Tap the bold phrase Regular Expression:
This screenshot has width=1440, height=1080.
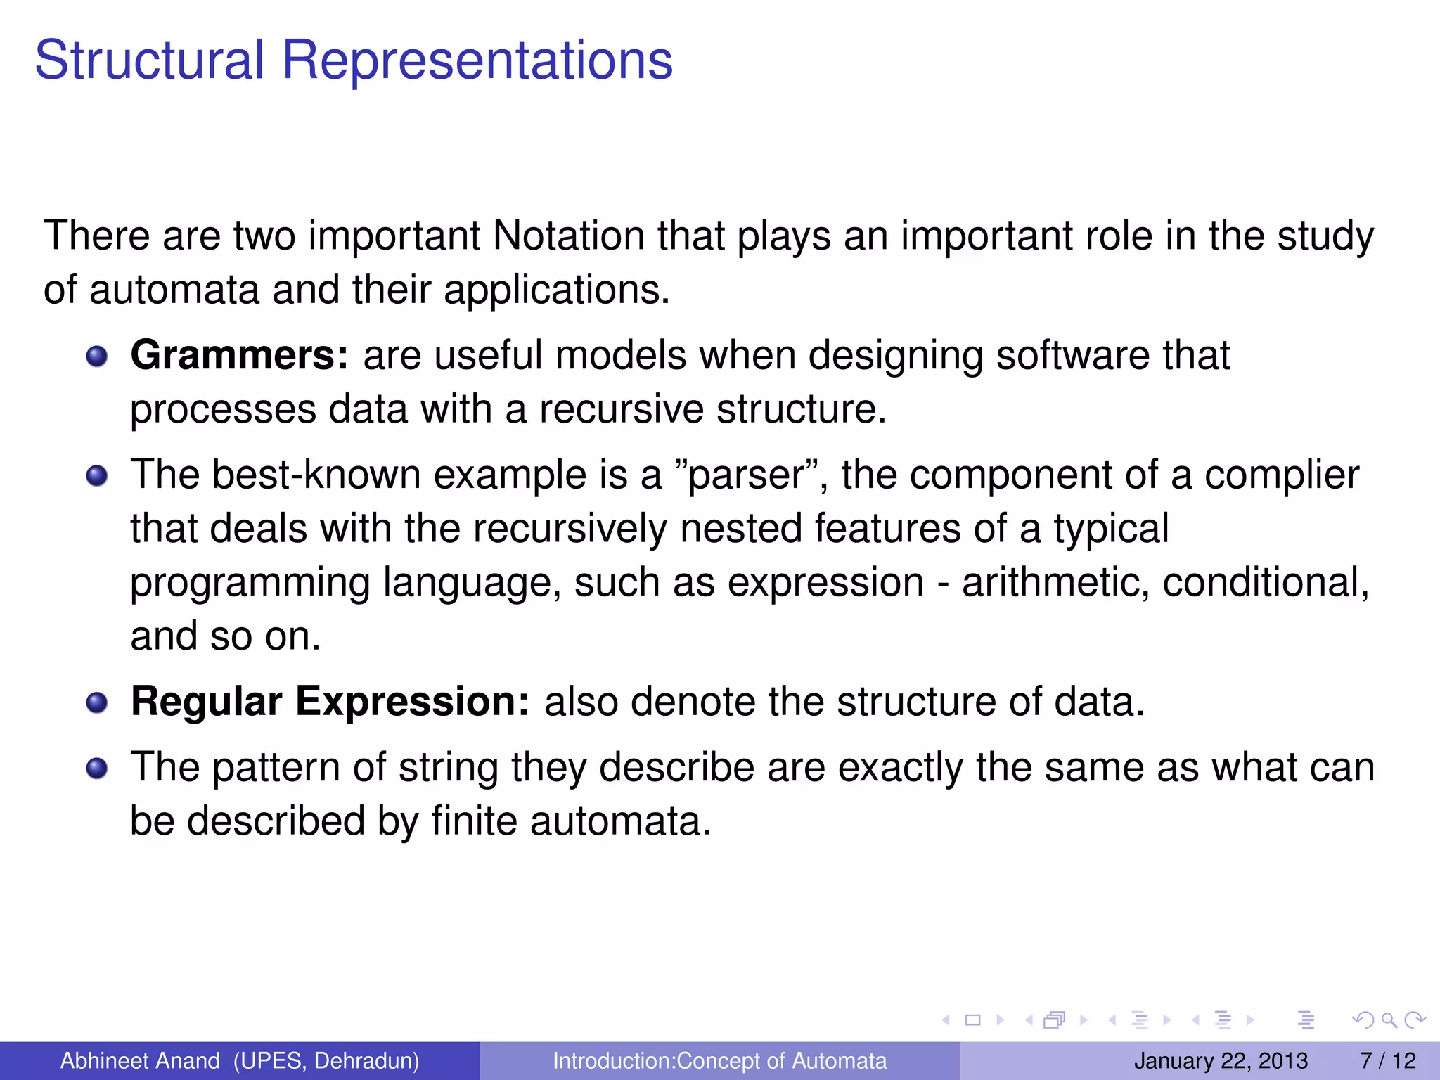tap(330, 701)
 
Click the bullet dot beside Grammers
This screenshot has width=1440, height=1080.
tap(97, 356)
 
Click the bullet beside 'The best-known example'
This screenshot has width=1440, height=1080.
tap(97, 476)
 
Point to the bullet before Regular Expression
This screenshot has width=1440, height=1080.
tap(97, 702)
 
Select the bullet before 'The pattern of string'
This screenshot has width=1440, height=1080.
tap(97, 768)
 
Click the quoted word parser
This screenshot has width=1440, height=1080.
tap(747, 475)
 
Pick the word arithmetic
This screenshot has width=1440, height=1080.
tap(1055, 583)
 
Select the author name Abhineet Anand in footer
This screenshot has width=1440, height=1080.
tap(140, 1060)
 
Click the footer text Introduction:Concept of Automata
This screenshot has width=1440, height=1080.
tap(719, 1060)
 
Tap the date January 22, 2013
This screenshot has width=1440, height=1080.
tap(1221, 1060)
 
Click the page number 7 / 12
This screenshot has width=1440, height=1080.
tap(1387, 1060)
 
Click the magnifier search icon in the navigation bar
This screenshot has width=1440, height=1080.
tap(1389, 1020)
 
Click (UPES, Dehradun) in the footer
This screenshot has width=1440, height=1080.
tap(326, 1060)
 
